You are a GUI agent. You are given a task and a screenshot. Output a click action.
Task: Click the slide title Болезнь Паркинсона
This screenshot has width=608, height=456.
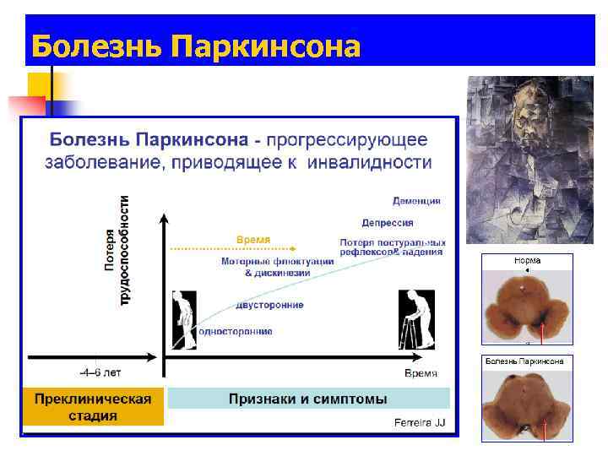(x=194, y=45)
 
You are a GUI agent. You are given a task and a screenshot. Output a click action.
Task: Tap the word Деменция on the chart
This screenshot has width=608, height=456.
(x=416, y=201)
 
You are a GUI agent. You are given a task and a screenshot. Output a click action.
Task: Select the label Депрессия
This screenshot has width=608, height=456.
(x=388, y=223)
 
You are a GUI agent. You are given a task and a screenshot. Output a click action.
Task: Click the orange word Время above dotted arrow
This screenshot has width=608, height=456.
(x=253, y=240)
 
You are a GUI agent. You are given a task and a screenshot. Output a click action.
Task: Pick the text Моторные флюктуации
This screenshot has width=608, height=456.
(x=277, y=262)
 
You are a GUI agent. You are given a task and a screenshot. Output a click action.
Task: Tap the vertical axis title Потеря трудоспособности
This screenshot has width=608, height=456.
(x=117, y=251)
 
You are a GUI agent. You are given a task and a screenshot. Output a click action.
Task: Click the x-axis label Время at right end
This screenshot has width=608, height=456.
(x=420, y=372)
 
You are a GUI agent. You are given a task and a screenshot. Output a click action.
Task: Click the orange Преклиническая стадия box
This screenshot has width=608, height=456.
(x=93, y=407)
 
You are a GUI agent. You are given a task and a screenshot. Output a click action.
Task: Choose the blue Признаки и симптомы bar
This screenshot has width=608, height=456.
(x=308, y=399)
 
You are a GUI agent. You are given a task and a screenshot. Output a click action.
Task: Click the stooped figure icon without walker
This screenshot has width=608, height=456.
(x=183, y=320)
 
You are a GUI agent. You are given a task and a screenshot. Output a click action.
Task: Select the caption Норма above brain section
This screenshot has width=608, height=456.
(x=527, y=261)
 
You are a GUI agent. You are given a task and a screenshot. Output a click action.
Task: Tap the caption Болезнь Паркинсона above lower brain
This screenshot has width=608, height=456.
(x=527, y=361)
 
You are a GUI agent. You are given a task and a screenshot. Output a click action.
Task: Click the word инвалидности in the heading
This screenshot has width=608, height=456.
(x=378, y=161)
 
